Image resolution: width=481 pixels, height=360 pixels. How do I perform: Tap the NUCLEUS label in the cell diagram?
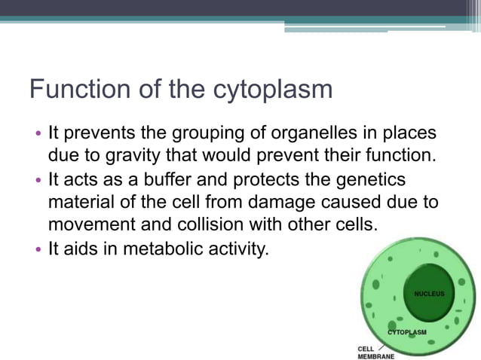pos(430,293)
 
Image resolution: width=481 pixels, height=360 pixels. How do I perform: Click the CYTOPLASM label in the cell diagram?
pos(407,332)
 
